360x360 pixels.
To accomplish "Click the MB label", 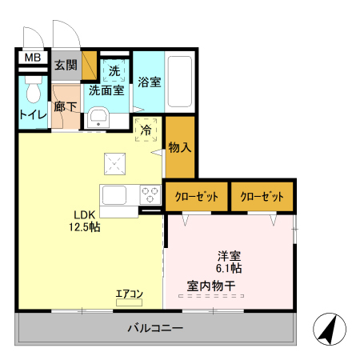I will point(31,58).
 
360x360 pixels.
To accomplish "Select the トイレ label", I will point(32,114).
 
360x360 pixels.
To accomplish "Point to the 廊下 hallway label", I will point(66,107).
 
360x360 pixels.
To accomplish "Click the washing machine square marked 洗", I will point(114,71).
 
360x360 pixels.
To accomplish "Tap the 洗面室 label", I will point(106,90).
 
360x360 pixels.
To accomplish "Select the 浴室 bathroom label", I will point(150,82).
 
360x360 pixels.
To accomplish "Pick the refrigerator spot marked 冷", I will point(147,130).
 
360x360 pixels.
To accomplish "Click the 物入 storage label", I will point(180,147).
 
